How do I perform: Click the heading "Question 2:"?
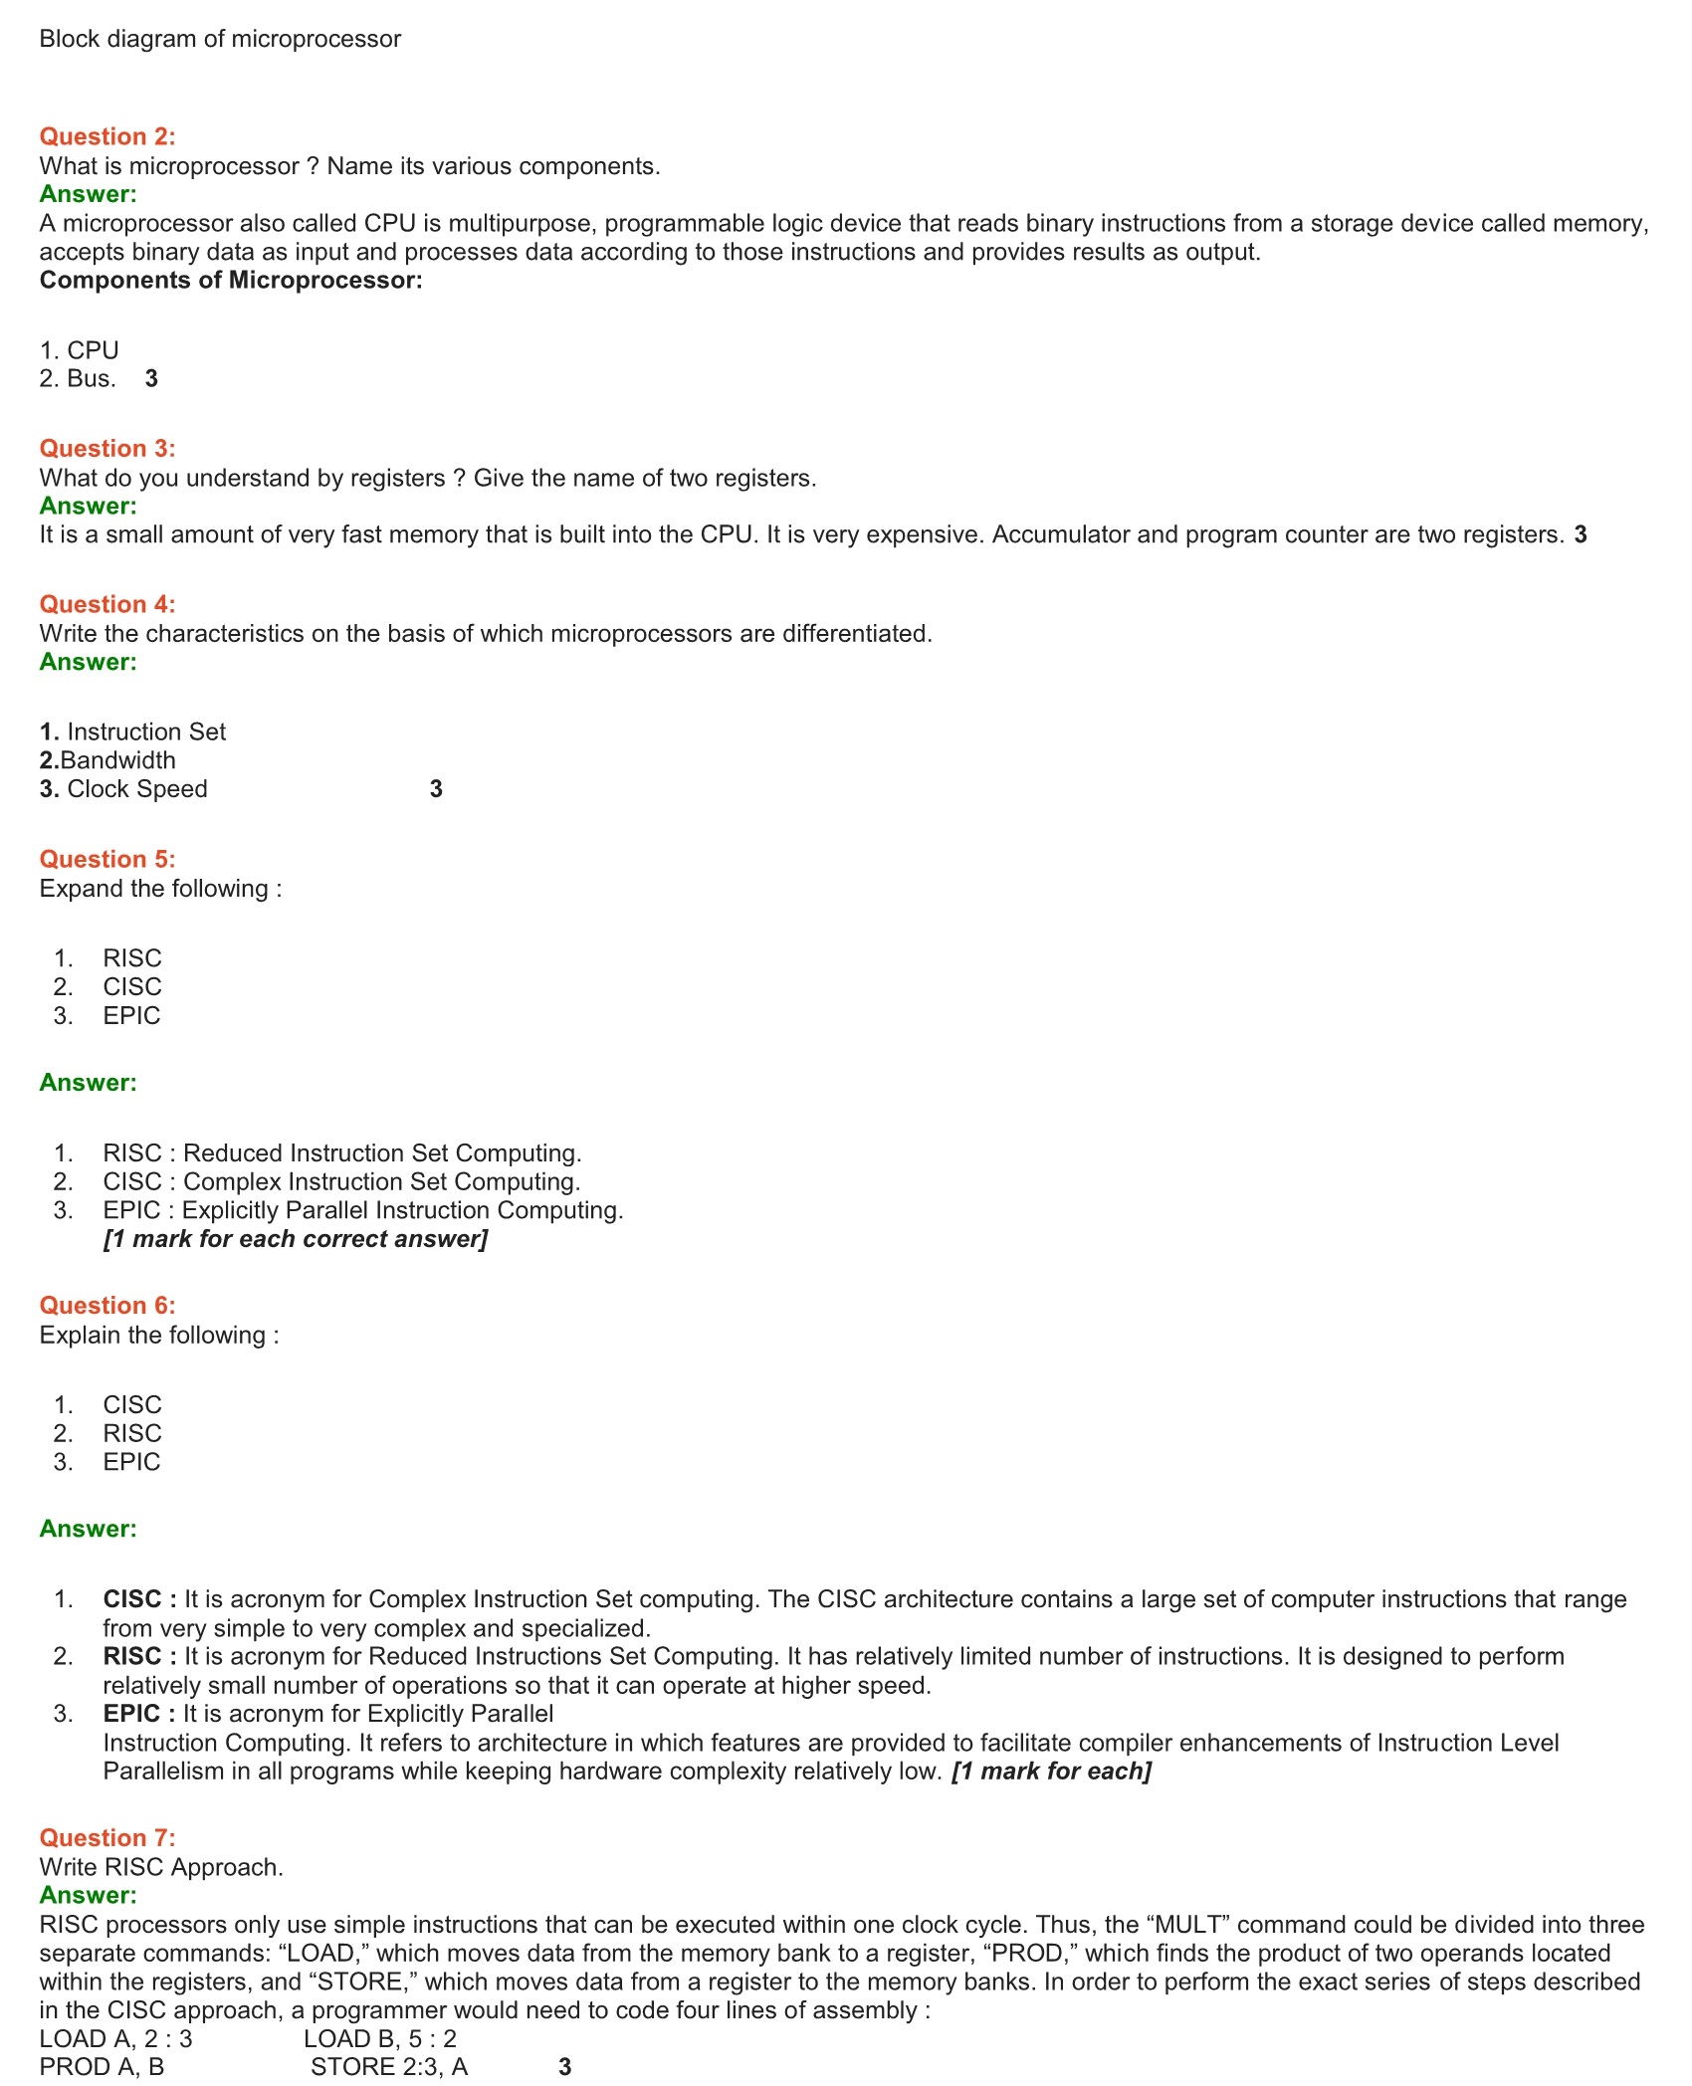click(x=107, y=136)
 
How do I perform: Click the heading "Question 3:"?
click(x=107, y=448)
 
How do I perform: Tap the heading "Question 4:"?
click(x=107, y=604)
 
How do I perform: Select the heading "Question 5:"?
click(x=107, y=859)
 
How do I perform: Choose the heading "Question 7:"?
click(x=107, y=1837)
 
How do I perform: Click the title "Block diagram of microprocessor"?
click(x=220, y=39)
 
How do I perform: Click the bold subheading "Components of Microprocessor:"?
click(x=231, y=280)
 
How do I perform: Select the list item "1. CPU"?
click(x=80, y=350)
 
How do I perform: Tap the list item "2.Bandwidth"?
click(x=107, y=760)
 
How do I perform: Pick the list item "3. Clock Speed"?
click(x=123, y=789)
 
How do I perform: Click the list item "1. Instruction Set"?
click(x=132, y=731)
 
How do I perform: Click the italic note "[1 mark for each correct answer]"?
click(x=296, y=1239)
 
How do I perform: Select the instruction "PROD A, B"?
click(x=102, y=2067)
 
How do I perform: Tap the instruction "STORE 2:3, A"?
click(x=389, y=2067)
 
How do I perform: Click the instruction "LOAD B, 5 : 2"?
click(x=380, y=2038)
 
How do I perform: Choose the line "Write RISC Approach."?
click(x=161, y=1867)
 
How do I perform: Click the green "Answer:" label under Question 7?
click(x=89, y=1895)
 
